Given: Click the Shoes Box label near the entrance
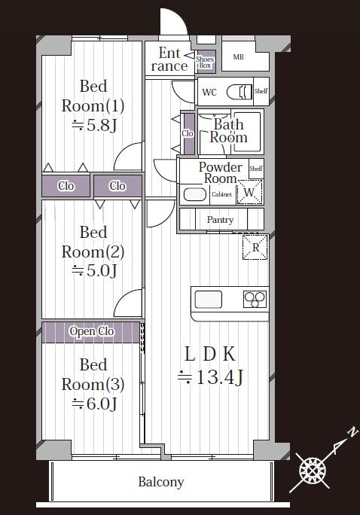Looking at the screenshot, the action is click(205, 62).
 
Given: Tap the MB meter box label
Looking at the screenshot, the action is click(239, 57).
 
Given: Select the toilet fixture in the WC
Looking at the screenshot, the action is click(239, 92).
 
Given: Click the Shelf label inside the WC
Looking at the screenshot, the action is click(261, 91).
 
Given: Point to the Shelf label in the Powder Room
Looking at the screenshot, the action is click(256, 169).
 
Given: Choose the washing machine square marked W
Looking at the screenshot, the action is click(249, 192).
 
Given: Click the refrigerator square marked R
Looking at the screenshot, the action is click(255, 247).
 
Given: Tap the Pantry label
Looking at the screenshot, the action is click(220, 220).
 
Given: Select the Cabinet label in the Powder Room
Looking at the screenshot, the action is click(222, 194).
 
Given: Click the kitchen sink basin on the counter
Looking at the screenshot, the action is click(209, 300).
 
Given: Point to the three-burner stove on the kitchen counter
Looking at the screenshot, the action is click(255, 299).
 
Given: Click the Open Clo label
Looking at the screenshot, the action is click(92, 332).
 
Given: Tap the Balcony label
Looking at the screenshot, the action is click(161, 482).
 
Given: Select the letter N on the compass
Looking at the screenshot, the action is click(352, 431).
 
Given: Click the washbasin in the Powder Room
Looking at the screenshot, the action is click(195, 194).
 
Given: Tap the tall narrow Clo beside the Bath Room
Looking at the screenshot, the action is click(188, 133).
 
